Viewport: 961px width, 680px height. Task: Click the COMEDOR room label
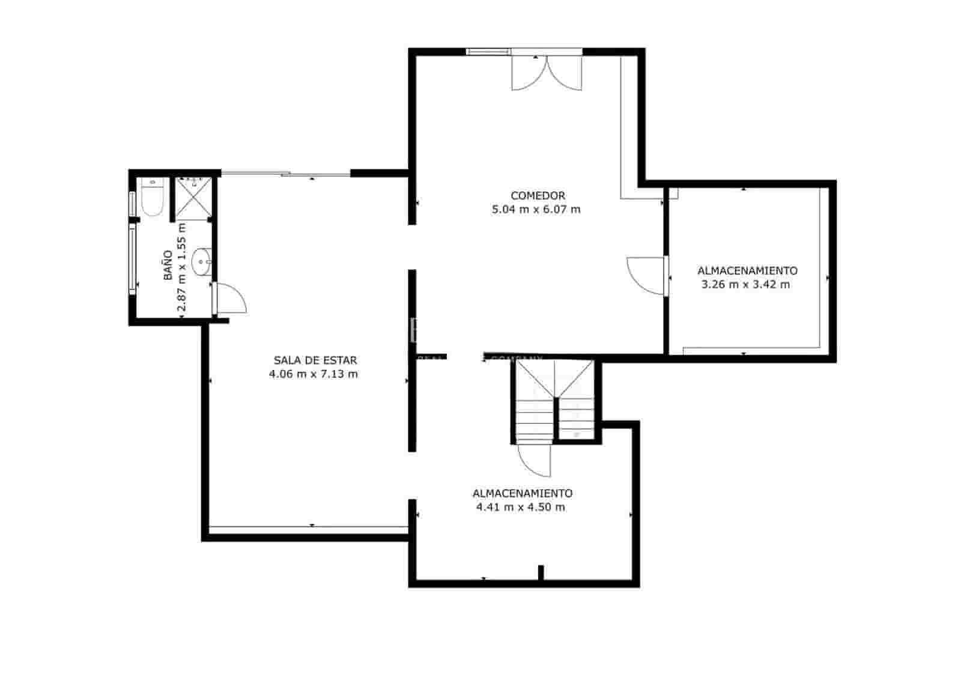point(538,196)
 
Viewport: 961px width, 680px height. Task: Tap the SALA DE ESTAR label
point(315,360)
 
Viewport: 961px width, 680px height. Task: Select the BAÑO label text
point(168,265)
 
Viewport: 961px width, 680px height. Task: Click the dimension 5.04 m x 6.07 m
point(536,210)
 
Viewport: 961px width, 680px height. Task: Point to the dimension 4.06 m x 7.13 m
point(314,374)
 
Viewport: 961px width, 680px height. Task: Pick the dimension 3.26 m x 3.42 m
point(745,285)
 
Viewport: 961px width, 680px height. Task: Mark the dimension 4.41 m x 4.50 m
point(521,507)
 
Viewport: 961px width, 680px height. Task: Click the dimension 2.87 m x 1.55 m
point(182,266)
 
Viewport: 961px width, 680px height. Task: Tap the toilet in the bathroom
point(152,199)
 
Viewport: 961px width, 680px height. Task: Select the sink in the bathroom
point(201,262)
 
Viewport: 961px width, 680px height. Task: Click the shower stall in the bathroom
point(192,198)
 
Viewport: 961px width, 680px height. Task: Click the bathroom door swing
point(231,299)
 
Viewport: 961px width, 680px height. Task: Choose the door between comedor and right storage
point(647,276)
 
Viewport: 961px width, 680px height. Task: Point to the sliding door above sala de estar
point(285,175)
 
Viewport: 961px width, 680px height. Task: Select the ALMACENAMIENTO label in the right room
point(747,271)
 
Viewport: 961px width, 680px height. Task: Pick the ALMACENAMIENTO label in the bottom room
point(523,493)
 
